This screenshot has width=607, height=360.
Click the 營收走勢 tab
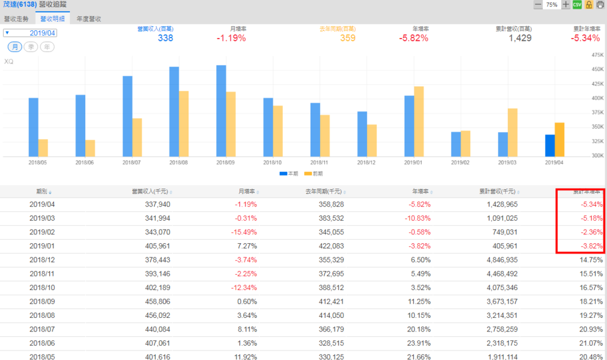point(16,18)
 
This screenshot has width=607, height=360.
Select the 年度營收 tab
point(88,18)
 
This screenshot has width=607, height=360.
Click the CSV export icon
point(577,5)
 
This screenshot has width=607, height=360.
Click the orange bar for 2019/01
point(418,121)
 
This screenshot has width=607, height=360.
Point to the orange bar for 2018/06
point(90,148)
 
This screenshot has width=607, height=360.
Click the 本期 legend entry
point(289,174)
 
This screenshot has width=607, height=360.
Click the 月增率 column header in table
point(247,192)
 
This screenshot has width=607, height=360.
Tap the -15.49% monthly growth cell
point(244,232)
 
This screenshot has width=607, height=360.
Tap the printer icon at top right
point(600,5)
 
